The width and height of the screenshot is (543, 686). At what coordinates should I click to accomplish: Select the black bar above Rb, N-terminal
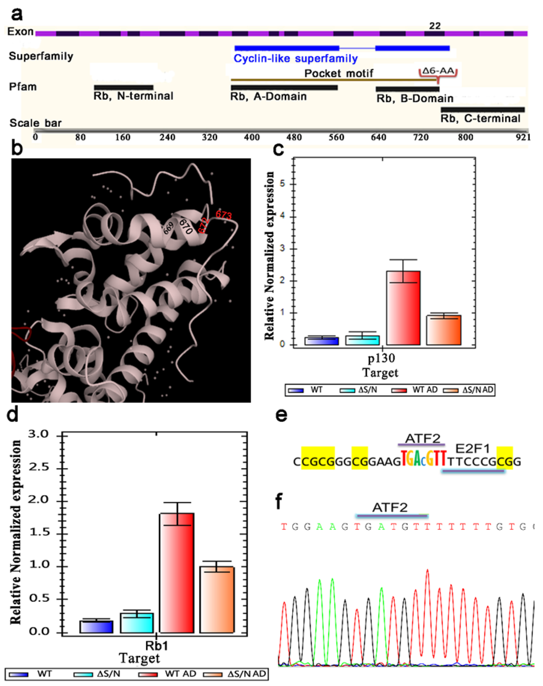click(x=124, y=87)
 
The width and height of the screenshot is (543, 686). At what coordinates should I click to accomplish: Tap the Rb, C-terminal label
click(x=480, y=118)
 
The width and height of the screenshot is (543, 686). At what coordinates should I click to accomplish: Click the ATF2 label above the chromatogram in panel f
click(x=390, y=508)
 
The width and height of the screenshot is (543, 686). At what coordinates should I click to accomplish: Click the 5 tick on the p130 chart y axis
click(x=283, y=184)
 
